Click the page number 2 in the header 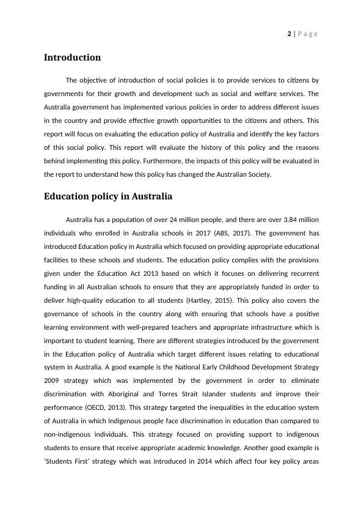pos(289,34)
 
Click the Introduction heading pos(72,57)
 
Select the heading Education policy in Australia pos(108,196)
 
